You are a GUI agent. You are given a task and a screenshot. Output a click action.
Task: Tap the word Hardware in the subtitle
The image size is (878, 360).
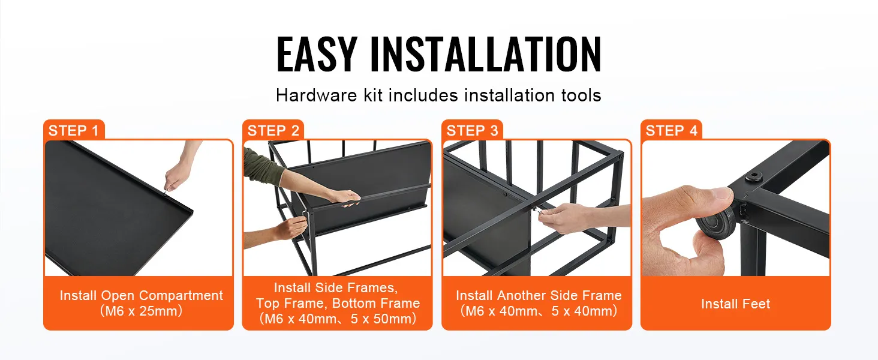(x=316, y=95)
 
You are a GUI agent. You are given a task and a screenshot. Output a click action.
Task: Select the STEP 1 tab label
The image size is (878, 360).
(x=73, y=130)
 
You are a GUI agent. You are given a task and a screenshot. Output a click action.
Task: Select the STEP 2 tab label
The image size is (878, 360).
(x=273, y=130)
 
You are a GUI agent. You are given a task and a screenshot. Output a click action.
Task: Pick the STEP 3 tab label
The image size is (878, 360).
(x=473, y=130)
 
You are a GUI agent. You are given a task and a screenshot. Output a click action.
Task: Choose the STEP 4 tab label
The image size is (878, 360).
(x=672, y=130)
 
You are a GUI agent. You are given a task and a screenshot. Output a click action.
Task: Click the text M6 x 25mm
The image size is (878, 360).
(x=141, y=311)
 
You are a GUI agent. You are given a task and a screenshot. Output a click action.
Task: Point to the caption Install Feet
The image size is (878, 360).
(x=736, y=304)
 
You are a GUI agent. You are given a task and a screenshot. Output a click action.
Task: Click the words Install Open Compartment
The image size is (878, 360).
(x=141, y=295)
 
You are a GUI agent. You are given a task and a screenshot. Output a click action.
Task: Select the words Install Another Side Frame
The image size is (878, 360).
(x=539, y=295)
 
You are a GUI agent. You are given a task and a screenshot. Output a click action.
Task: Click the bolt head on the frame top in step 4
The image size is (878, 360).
(x=753, y=177)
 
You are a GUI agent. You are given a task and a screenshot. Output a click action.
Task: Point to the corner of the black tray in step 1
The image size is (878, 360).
(x=193, y=211)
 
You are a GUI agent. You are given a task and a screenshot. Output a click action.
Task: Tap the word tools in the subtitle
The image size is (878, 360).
(x=581, y=95)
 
